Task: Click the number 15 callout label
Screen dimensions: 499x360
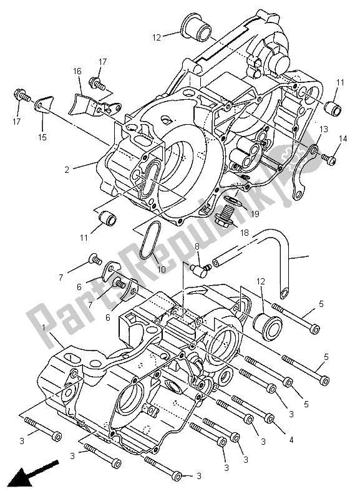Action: (x=42, y=137)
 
